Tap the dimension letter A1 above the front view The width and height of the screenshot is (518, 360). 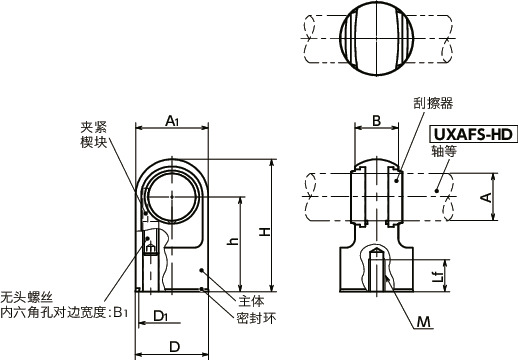click(170, 121)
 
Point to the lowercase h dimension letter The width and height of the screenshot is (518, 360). click(233, 242)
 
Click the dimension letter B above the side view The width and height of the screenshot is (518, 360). click(377, 121)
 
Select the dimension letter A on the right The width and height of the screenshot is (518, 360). click(486, 198)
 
